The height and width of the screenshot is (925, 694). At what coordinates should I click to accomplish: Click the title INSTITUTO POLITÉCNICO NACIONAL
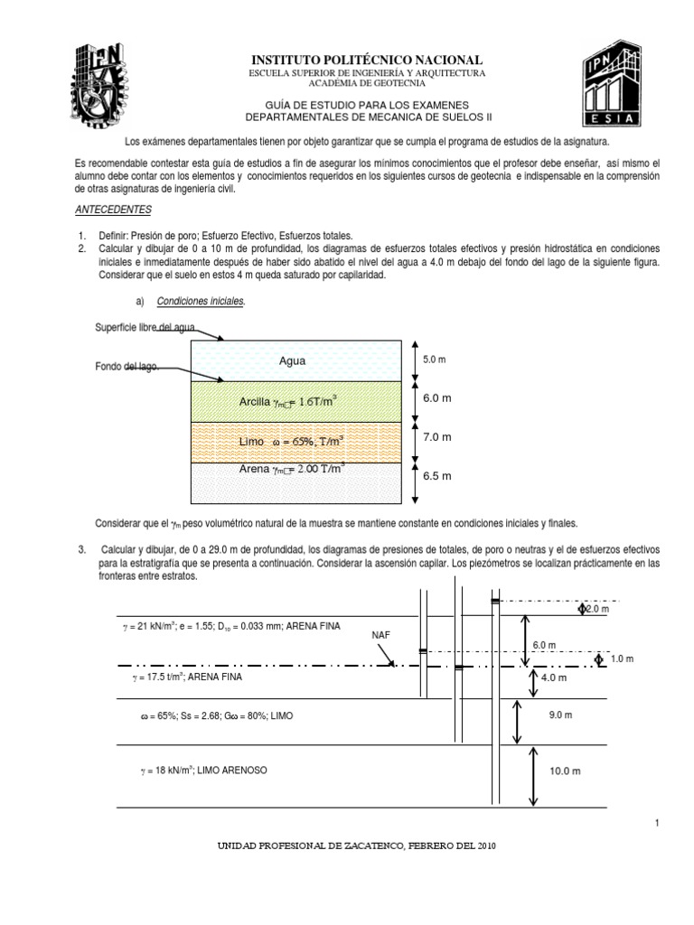(367, 59)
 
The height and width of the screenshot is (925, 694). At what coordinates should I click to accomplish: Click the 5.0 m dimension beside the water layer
(436, 360)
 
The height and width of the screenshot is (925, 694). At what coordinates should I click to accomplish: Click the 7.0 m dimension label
(437, 436)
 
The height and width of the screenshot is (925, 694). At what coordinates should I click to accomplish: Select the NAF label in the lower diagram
(381, 635)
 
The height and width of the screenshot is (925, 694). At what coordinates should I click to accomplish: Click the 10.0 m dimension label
(565, 771)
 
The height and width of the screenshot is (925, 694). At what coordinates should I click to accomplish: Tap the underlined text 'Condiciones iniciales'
(201, 301)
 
